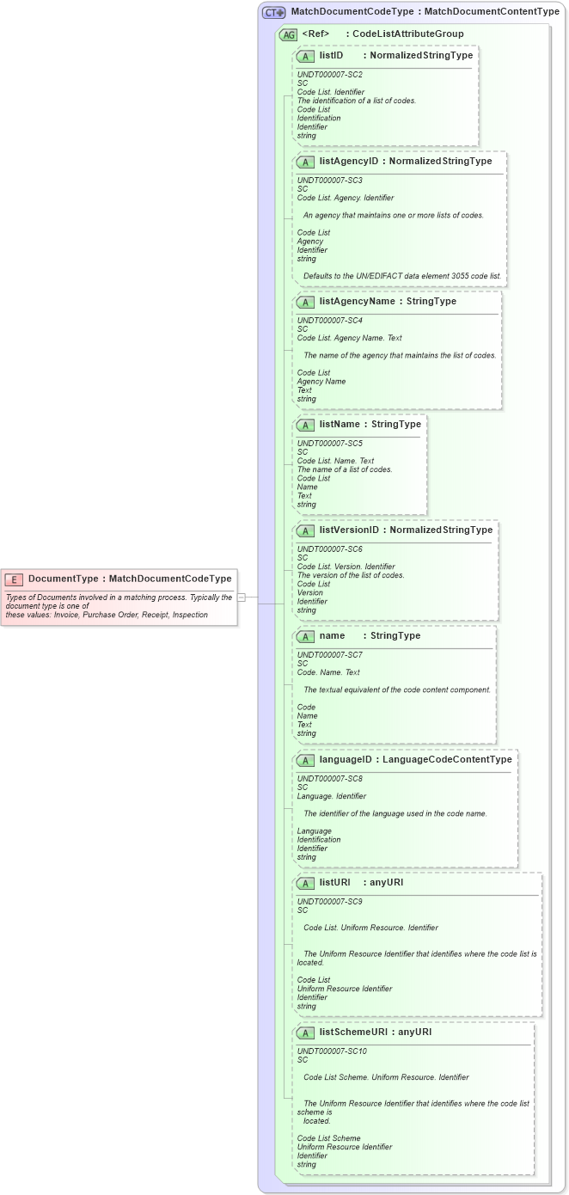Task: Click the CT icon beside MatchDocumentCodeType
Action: [274, 13]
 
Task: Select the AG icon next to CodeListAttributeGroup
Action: [288, 34]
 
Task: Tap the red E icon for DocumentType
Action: [14, 579]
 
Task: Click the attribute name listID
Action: [331, 55]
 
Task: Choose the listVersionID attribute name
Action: [348, 530]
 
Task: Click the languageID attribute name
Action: [346, 760]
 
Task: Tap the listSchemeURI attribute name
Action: [353, 1032]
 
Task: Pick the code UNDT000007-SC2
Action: [329, 75]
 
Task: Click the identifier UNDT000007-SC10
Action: [332, 1051]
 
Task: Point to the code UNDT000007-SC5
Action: [329, 444]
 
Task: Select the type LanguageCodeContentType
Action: [447, 760]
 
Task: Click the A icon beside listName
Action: [305, 425]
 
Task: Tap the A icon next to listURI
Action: [305, 883]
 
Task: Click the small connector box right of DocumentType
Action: [242, 597]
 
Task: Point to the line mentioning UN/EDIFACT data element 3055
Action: [401, 276]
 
